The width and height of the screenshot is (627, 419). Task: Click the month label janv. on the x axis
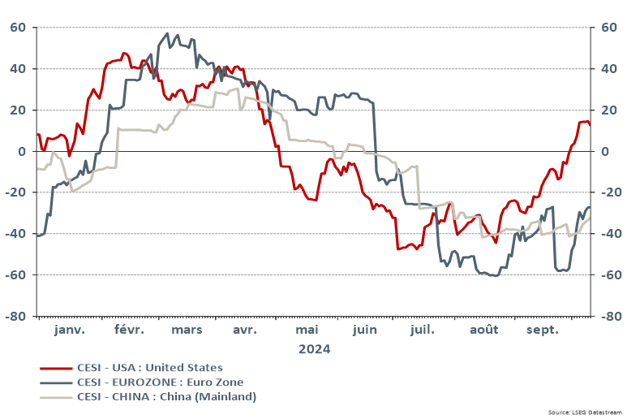70,330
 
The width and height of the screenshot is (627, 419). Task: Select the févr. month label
129,330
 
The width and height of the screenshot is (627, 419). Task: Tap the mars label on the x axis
187,330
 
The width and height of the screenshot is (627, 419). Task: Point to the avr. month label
245,330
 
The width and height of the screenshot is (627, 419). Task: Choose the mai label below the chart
307,330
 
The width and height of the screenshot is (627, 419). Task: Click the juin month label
365,330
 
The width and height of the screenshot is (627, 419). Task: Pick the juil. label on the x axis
423,330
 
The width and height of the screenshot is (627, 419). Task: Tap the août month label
484,330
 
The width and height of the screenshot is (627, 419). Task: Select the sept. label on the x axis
543,330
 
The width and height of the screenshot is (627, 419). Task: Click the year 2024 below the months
314,349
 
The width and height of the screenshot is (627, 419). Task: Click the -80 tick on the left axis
17,316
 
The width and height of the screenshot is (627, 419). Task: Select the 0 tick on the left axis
23,151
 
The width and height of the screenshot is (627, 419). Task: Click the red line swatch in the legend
51,369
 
